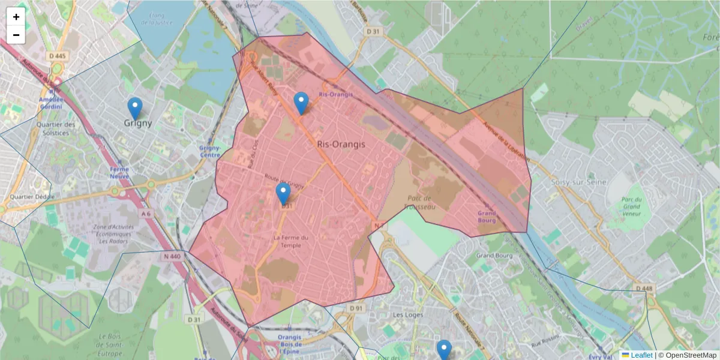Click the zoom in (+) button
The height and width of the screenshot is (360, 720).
pos(16,17)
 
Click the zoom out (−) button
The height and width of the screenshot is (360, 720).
pos(16,35)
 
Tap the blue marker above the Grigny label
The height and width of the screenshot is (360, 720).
pos(136,108)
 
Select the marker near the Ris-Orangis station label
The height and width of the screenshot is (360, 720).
pos(301,103)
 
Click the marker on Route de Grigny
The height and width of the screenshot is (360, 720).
pos(283,194)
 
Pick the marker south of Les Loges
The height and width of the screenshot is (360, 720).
pos(444,349)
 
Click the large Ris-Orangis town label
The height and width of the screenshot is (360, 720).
pos(341,145)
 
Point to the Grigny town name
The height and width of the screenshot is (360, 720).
pos(138,124)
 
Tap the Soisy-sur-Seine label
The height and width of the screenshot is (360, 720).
pos(579,182)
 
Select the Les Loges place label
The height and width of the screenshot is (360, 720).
pos(407,315)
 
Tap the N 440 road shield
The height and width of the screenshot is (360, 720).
pos(171,256)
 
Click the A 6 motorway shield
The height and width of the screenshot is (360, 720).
pos(146,213)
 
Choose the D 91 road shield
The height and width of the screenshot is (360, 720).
pos(356,308)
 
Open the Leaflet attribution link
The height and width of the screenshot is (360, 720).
pos(641,355)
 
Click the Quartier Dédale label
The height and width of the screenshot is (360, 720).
pos(32,197)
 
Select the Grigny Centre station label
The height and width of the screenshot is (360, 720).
pos(209,151)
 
